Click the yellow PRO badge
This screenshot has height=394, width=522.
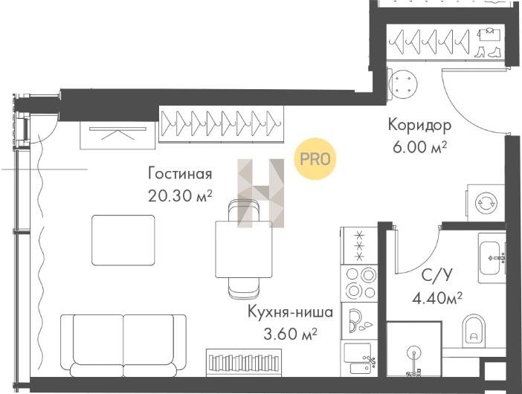coord(315,159)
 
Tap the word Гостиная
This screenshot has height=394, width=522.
coord(180,174)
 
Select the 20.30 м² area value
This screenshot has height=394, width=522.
coord(180,196)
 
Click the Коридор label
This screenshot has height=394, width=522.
coord(420,126)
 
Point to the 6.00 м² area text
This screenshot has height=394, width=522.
coord(419,146)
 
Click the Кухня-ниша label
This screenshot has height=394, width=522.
coord(290,311)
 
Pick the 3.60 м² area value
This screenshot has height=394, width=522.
coord(290,334)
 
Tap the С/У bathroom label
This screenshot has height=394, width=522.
coord(436,275)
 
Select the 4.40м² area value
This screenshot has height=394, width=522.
coord(436,298)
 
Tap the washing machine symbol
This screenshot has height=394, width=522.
coord(486,203)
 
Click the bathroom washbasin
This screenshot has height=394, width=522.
coord(492,258)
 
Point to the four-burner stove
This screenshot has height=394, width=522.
coord(360,283)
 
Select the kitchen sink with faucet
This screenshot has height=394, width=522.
coord(360,358)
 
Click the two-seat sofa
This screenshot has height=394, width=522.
coord(123,346)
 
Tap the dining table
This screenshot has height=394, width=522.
coord(244,249)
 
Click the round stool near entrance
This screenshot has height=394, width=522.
coord(403,85)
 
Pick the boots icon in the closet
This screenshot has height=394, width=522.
coord(487,52)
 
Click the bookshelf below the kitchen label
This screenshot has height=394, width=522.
coord(244,362)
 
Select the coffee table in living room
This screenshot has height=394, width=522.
coord(123,240)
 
